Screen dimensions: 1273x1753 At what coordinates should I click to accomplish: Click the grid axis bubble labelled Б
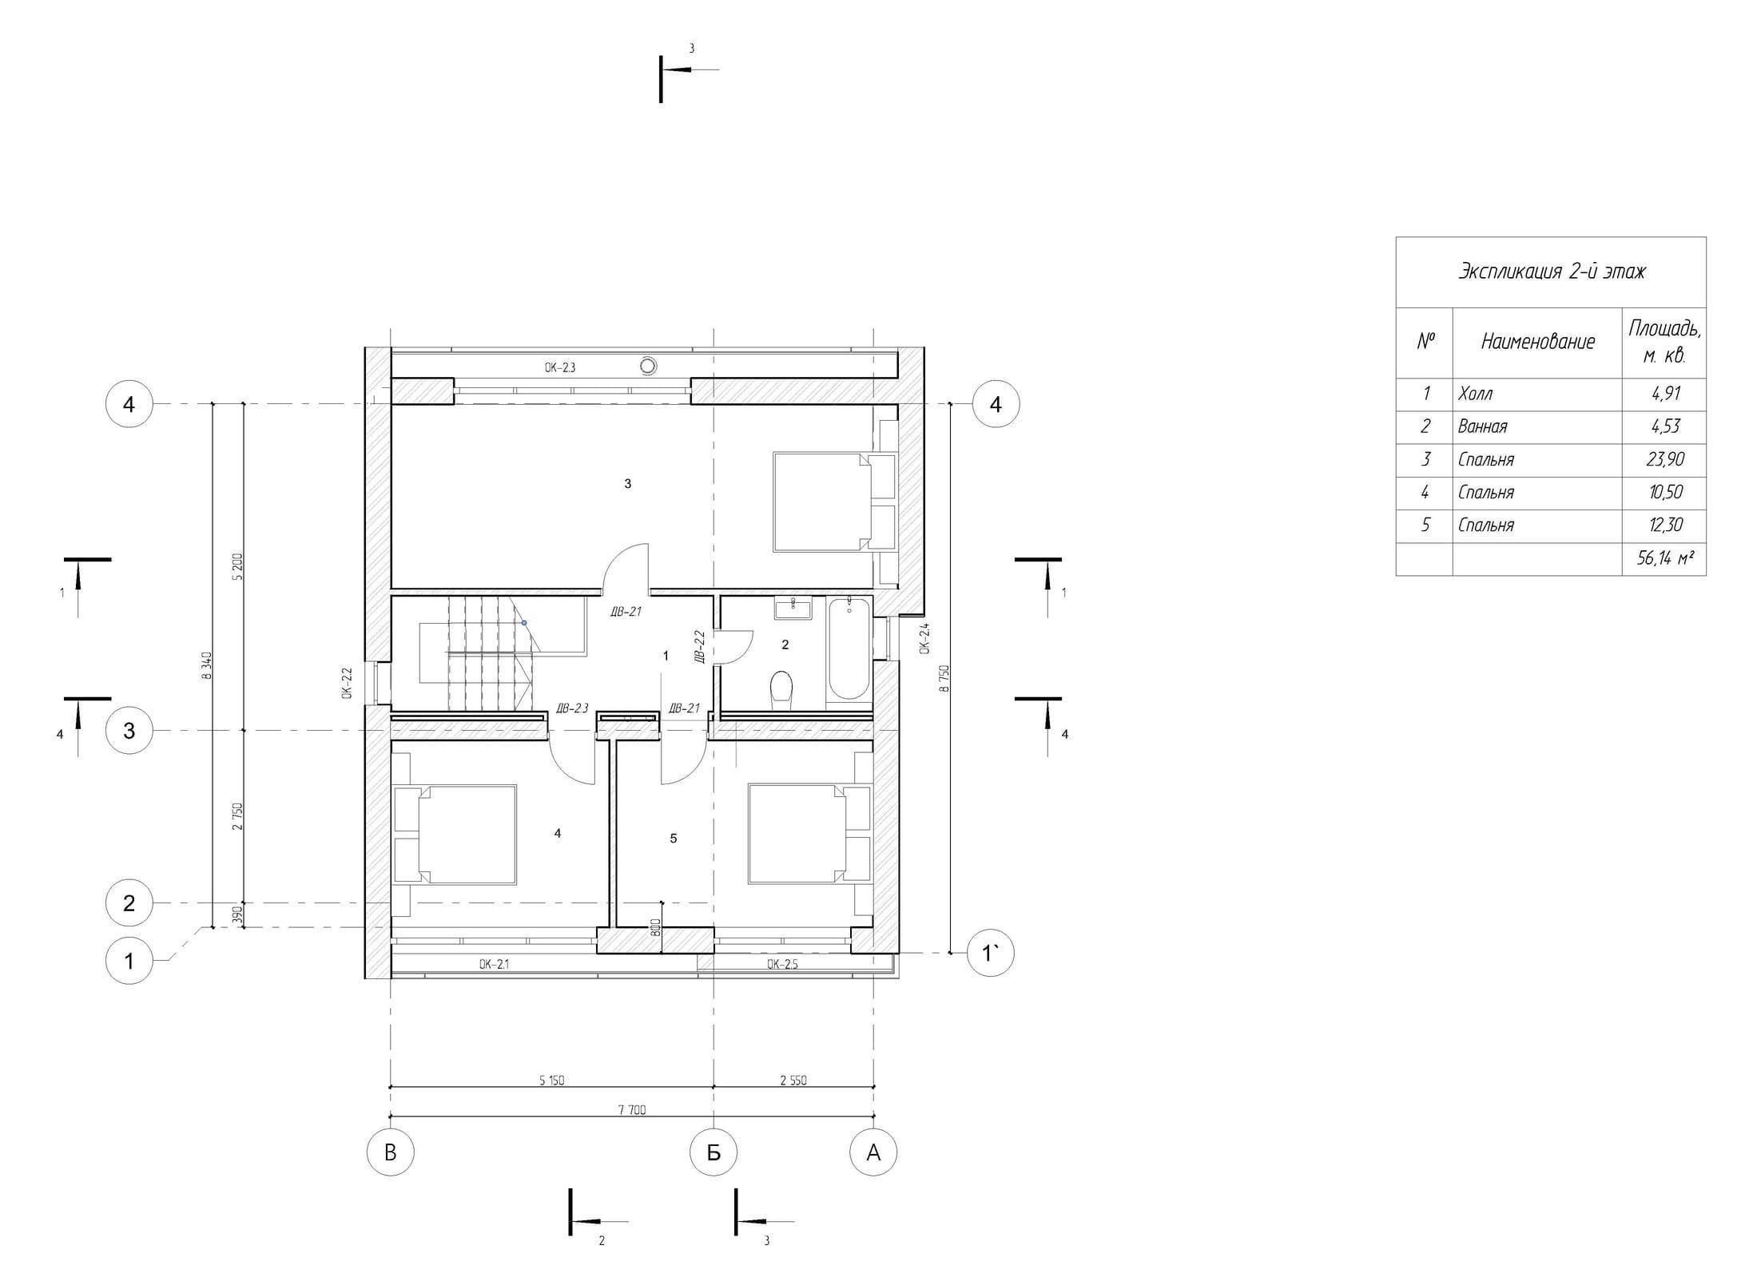(714, 1152)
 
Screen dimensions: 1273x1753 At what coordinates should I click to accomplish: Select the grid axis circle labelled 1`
(991, 953)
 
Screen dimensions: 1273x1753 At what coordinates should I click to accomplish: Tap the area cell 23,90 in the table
(1665, 460)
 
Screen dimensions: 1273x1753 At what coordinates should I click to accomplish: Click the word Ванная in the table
(1482, 426)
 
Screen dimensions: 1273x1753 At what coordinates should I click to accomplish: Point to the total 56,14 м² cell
(1665, 558)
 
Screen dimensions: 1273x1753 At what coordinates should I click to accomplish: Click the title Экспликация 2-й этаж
(1552, 272)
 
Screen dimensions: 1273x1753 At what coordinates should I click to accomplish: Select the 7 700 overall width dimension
(631, 1109)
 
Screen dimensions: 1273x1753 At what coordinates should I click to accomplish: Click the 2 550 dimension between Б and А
(793, 1081)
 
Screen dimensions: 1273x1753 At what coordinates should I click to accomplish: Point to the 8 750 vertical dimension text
(944, 678)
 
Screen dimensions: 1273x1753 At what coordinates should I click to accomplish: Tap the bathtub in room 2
(849, 649)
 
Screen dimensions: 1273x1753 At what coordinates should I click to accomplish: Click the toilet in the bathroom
(781, 688)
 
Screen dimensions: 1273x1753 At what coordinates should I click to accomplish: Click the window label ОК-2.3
(560, 368)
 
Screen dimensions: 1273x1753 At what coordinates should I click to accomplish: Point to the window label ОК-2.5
(782, 964)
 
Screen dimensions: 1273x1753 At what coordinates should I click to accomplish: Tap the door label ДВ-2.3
(572, 708)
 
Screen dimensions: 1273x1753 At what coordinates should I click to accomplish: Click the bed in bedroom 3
(821, 502)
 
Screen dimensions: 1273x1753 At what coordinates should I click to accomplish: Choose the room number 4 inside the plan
(558, 833)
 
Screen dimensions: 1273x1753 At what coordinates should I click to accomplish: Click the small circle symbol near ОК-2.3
(649, 366)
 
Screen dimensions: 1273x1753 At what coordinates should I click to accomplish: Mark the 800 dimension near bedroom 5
(655, 927)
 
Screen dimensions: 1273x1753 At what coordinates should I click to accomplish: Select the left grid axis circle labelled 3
(129, 731)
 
